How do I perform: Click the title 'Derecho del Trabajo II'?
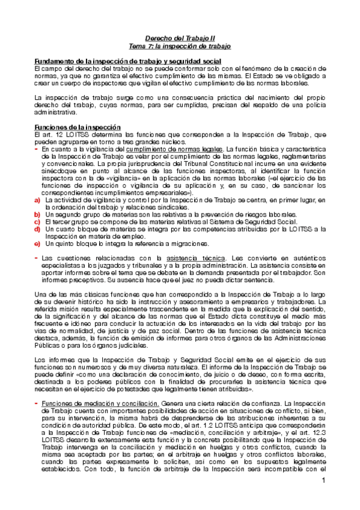[x=180, y=38]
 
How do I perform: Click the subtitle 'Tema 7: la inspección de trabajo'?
[x=180, y=46]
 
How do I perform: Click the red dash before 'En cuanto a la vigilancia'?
[x=36, y=149]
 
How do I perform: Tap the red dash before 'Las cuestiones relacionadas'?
[x=36, y=257]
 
